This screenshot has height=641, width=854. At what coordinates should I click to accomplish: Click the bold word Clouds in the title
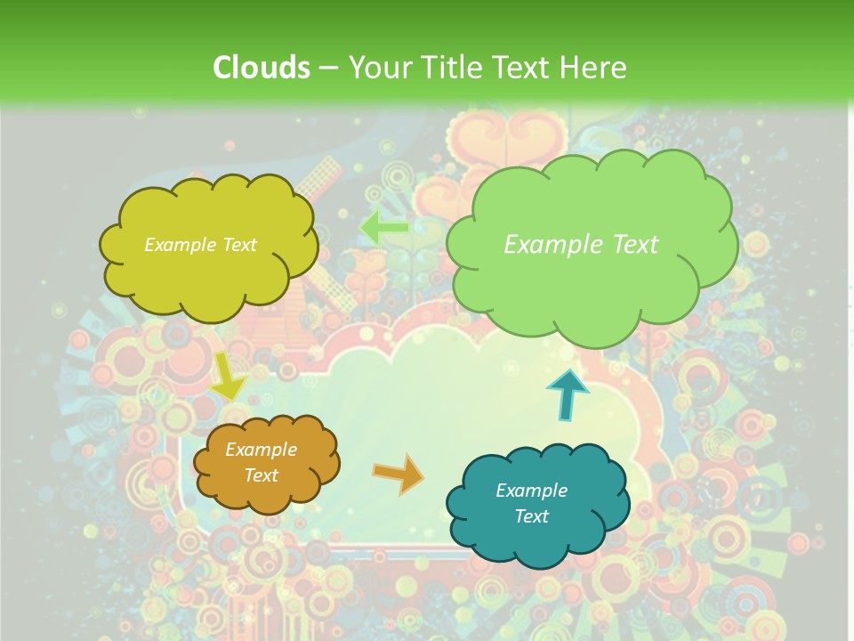[x=261, y=68]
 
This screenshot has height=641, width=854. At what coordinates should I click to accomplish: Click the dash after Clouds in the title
[x=327, y=69]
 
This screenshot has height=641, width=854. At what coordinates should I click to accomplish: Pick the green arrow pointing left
[x=384, y=227]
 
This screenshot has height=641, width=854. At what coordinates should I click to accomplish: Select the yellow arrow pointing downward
[x=228, y=377]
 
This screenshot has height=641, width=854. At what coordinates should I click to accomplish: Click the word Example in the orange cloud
[x=261, y=450]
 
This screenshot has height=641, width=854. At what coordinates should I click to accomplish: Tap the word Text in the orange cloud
[x=261, y=475]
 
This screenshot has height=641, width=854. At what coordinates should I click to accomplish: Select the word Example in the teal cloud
[x=531, y=491]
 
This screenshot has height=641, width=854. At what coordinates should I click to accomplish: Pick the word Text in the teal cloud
[x=531, y=516]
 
